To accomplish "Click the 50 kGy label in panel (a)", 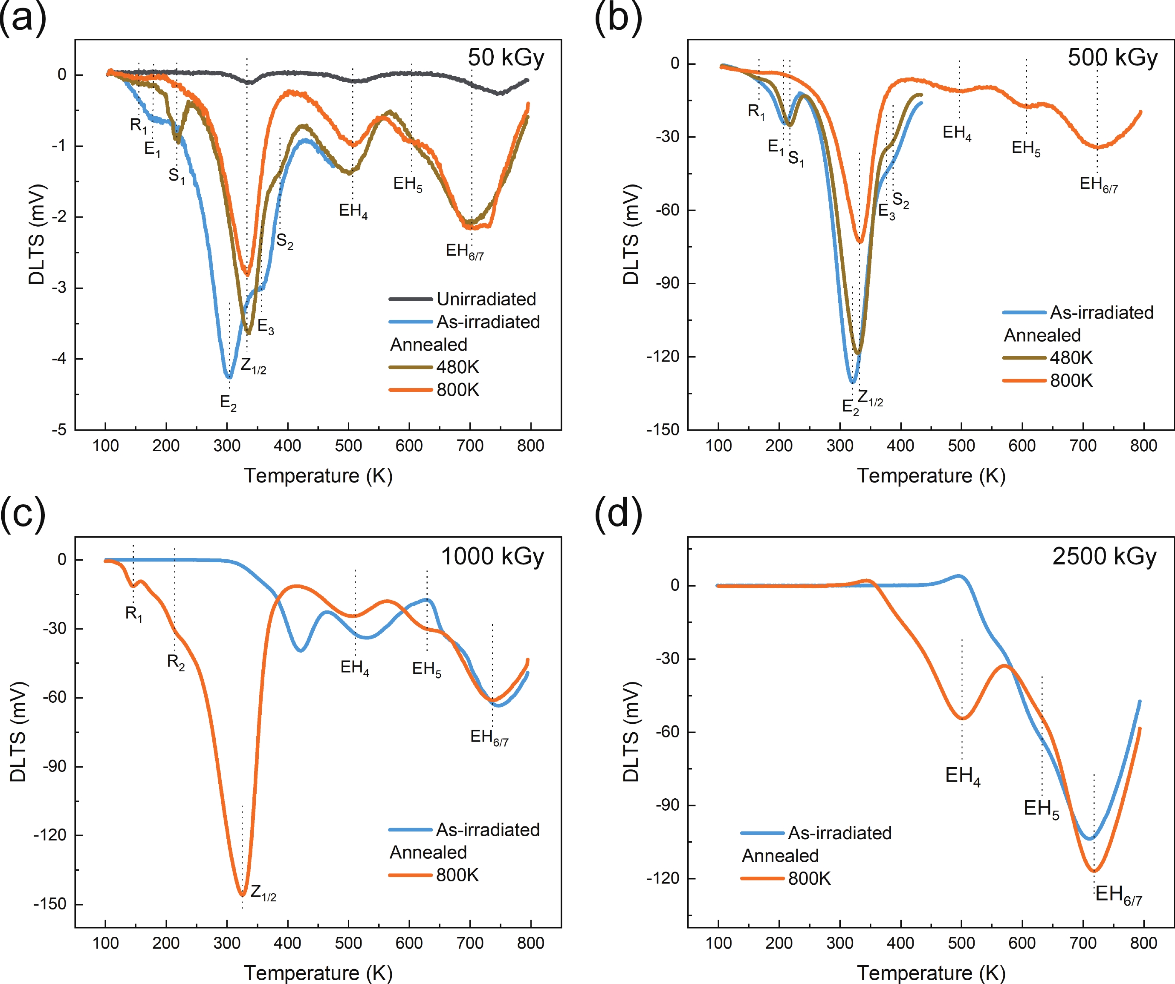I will [x=505, y=58].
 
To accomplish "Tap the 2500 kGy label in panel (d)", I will [x=1103, y=556].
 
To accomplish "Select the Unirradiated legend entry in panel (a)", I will [x=486, y=299].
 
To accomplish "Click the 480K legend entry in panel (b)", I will [x=1071, y=358].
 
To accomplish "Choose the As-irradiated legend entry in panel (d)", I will [x=839, y=833].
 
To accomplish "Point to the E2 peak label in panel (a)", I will [x=228, y=403].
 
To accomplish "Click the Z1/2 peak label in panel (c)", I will [x=263, y=892].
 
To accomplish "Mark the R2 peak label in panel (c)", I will [x=176, y=662].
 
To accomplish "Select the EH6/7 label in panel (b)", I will [x=1098, y=184].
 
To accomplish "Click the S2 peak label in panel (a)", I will [x=285, y=242].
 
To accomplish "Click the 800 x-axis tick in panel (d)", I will [x=1143, y=943].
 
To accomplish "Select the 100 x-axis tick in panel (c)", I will [x=105, y=943].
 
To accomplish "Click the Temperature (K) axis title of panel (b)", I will [x=931, y=476].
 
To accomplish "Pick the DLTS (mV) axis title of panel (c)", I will [x=18, y=732].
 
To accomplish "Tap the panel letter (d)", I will [x=618, y=514].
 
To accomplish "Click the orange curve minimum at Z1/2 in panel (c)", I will [x=242, y=895].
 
